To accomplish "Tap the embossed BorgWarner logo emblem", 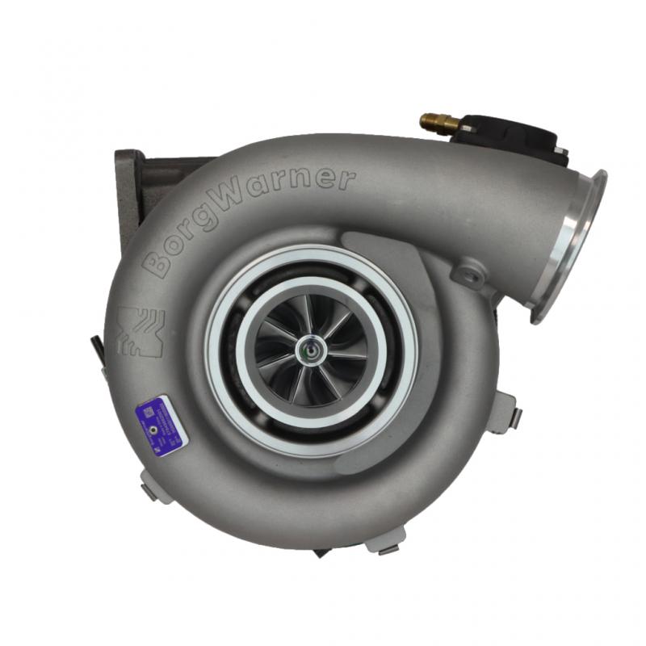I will click(140, 331).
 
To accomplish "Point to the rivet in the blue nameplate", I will click(153, 431).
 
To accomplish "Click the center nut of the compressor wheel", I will click(309, 350).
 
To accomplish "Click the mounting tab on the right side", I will click(507, 413).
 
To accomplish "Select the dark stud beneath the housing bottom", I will click(321, 552).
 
